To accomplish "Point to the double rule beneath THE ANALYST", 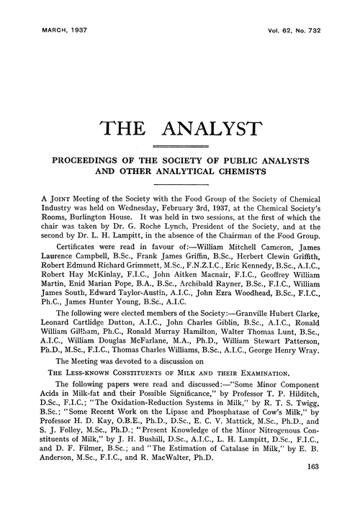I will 179,147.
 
